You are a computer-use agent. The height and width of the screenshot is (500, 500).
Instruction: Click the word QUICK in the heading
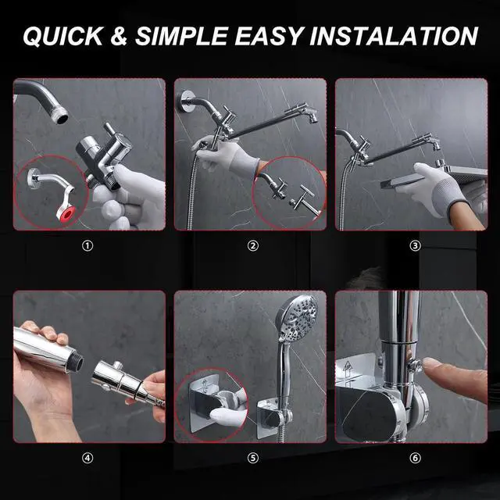(63, 36)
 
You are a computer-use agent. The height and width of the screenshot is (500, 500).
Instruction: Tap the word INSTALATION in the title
(394, 36)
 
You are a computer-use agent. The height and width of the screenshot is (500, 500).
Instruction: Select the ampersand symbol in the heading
(120, 36)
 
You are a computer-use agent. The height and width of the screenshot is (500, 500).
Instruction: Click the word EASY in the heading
(270, 36)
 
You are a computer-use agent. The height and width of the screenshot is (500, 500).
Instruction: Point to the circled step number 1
(87, 245)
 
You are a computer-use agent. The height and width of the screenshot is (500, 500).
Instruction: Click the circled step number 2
(253, 245)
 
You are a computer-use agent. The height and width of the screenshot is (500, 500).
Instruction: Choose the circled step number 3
(415, 245)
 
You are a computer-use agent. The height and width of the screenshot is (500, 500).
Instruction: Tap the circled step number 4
(87, 458)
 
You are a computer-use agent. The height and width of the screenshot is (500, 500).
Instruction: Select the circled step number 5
(253, 458)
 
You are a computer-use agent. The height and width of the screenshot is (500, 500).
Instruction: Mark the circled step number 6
(415, 458)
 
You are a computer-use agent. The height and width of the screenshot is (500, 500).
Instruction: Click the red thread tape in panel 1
(67, 213)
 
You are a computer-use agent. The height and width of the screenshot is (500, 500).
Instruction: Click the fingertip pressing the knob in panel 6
(430, 365)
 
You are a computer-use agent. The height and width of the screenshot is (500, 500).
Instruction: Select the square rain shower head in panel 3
(434, 179)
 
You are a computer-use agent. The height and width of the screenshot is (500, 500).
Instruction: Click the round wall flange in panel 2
(185, 101)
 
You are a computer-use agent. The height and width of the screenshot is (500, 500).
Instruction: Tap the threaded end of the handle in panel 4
(76, 361)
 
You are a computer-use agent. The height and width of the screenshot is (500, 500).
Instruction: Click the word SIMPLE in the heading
(181, 36)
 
